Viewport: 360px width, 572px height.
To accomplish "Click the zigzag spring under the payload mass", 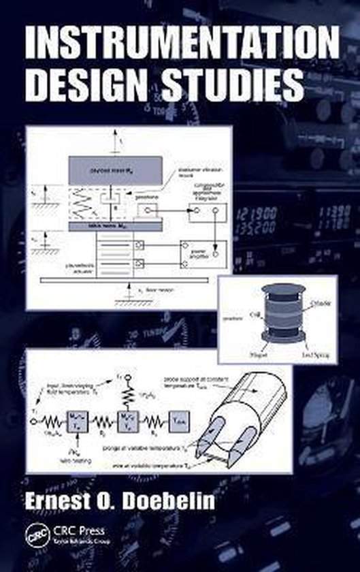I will point(80,201).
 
